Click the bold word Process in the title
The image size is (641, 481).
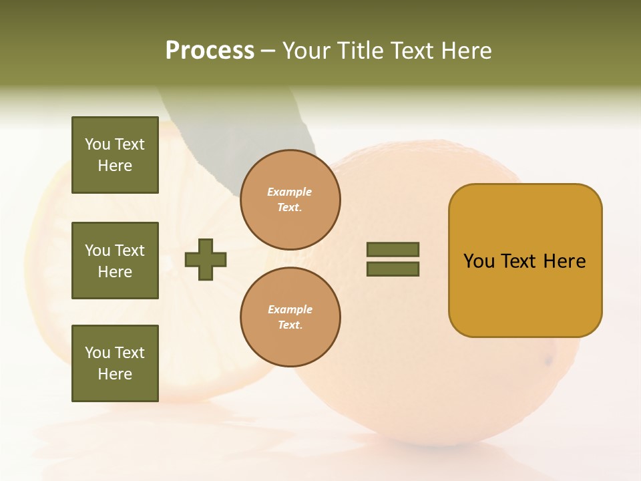[210, 51]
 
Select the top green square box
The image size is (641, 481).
[115, 155]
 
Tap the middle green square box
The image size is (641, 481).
[115, 261]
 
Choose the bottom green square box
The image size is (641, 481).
[115, 363]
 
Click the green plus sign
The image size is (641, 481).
[206, 259]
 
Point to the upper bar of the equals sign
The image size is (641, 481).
[393, 249]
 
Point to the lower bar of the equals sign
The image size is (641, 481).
[393, 269]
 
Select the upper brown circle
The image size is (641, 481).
[290, 200]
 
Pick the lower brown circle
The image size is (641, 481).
[290, 317]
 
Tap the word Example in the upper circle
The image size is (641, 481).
[289, 192]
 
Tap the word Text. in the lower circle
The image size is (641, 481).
[290, 325]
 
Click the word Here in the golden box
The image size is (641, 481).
[564, 261]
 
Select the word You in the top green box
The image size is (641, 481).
[97, 144]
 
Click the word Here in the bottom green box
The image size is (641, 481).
[115, 374]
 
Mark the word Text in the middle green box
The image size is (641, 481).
[129, 251]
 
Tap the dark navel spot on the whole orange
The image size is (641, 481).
[549, 361]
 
